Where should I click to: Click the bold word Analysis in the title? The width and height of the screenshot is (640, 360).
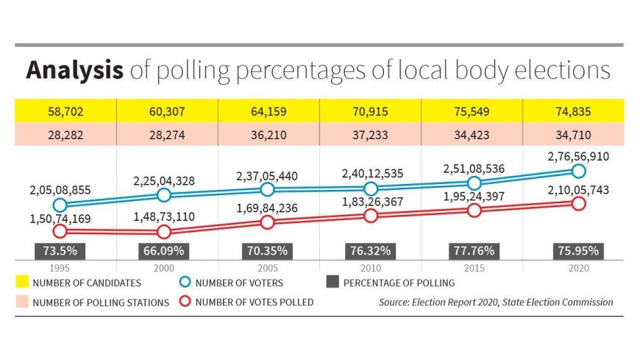point(74,71)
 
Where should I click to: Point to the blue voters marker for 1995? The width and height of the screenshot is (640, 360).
point(60,205)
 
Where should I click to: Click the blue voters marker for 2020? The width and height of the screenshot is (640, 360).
point(577,171)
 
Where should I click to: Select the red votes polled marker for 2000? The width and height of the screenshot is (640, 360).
point(164,231)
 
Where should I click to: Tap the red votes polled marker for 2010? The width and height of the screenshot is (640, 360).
point(371,215)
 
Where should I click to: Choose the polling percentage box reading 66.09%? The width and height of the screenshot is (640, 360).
point(164,250)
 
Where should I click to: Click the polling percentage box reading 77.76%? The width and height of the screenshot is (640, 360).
point(474,250)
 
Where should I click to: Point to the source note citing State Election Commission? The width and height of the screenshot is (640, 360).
point(496,302)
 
